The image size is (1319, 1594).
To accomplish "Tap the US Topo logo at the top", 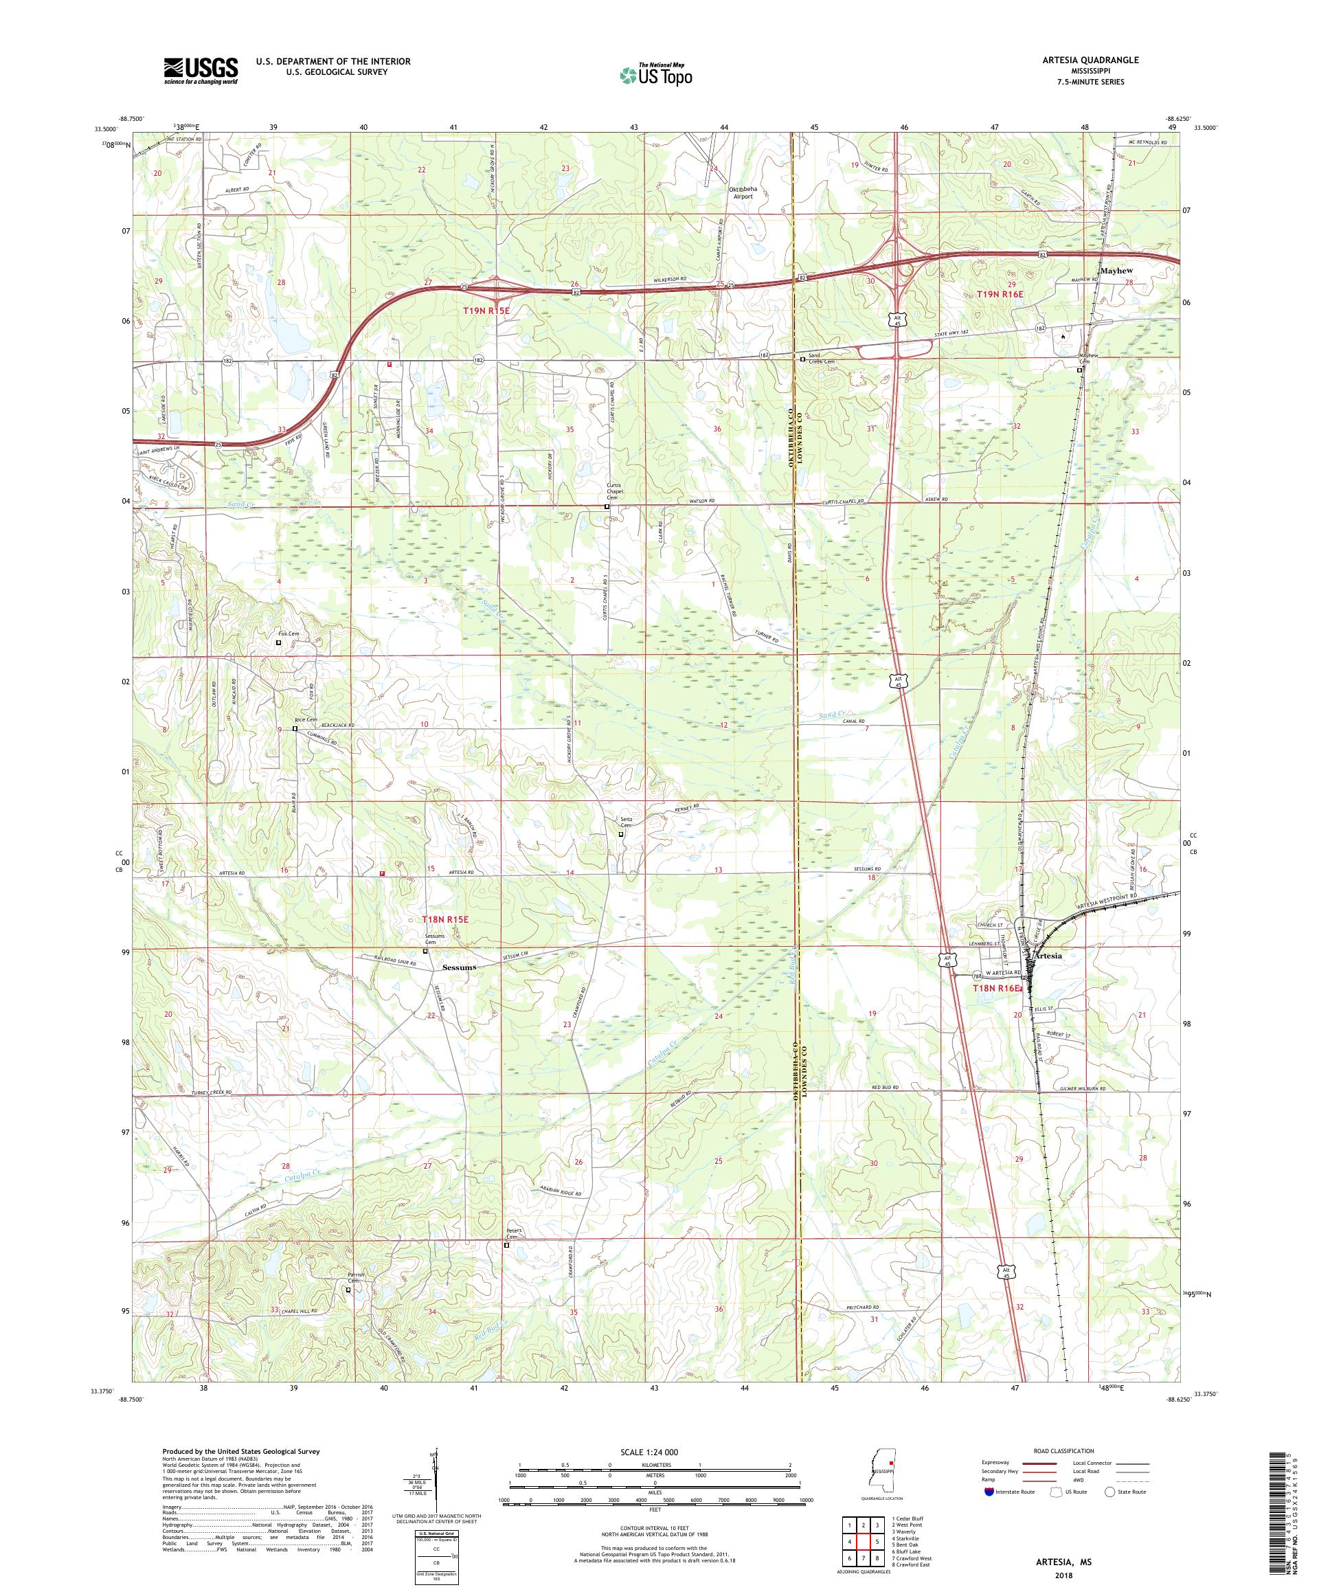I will coord(657,74).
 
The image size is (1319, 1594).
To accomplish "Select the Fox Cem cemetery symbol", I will coord(278,642).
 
